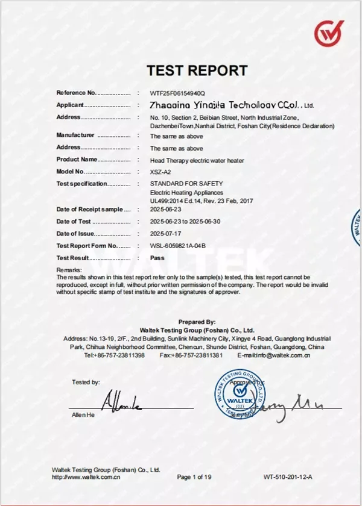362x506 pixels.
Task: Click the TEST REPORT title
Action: pyautogui.click(x=197, y=70)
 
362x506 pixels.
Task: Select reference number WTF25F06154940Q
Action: pyautogui.click(x=177, y=93)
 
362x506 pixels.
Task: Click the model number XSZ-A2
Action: pyautogui.click(x=160, y=172)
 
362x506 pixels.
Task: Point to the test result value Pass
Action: pyautogui.click(x=157, y=257)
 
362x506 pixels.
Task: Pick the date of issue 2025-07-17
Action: pyautogui.click(x=166, y=233)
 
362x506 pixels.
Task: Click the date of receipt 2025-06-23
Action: pyautogui.click(x=166, y=209)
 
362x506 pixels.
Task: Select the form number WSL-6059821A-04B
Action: pyautogui.click(x=178, y=245)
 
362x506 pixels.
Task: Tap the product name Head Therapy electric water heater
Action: pyautogui.click(x=197, y=160)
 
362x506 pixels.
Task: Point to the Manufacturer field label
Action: pyautogui.click(x=75, y=135)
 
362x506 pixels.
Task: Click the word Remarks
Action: pyautogui.click(x=68, y=269)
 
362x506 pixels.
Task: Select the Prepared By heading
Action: pyautogui.click(x=197, y=322)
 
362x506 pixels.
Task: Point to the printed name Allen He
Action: pyautogui.click(x=83, y=415)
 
